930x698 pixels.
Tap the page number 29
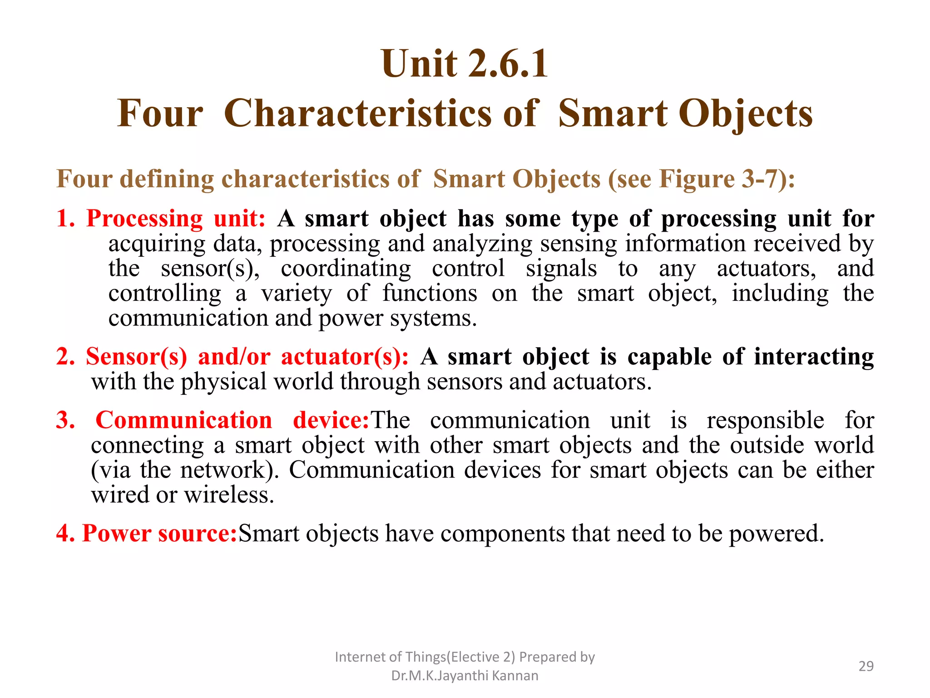tap(866, 666)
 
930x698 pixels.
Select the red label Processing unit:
tap(176, 219)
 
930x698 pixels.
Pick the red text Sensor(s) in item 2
tap(136, 357)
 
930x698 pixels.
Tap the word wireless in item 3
tap(229, 495)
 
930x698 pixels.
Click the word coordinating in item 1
tap(346, 269)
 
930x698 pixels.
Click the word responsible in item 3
tap(765, 420)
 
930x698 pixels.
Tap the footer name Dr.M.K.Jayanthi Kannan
tap(465, 676)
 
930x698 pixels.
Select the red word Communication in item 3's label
tap(184, 420)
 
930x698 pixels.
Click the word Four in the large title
tap(160, 114)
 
